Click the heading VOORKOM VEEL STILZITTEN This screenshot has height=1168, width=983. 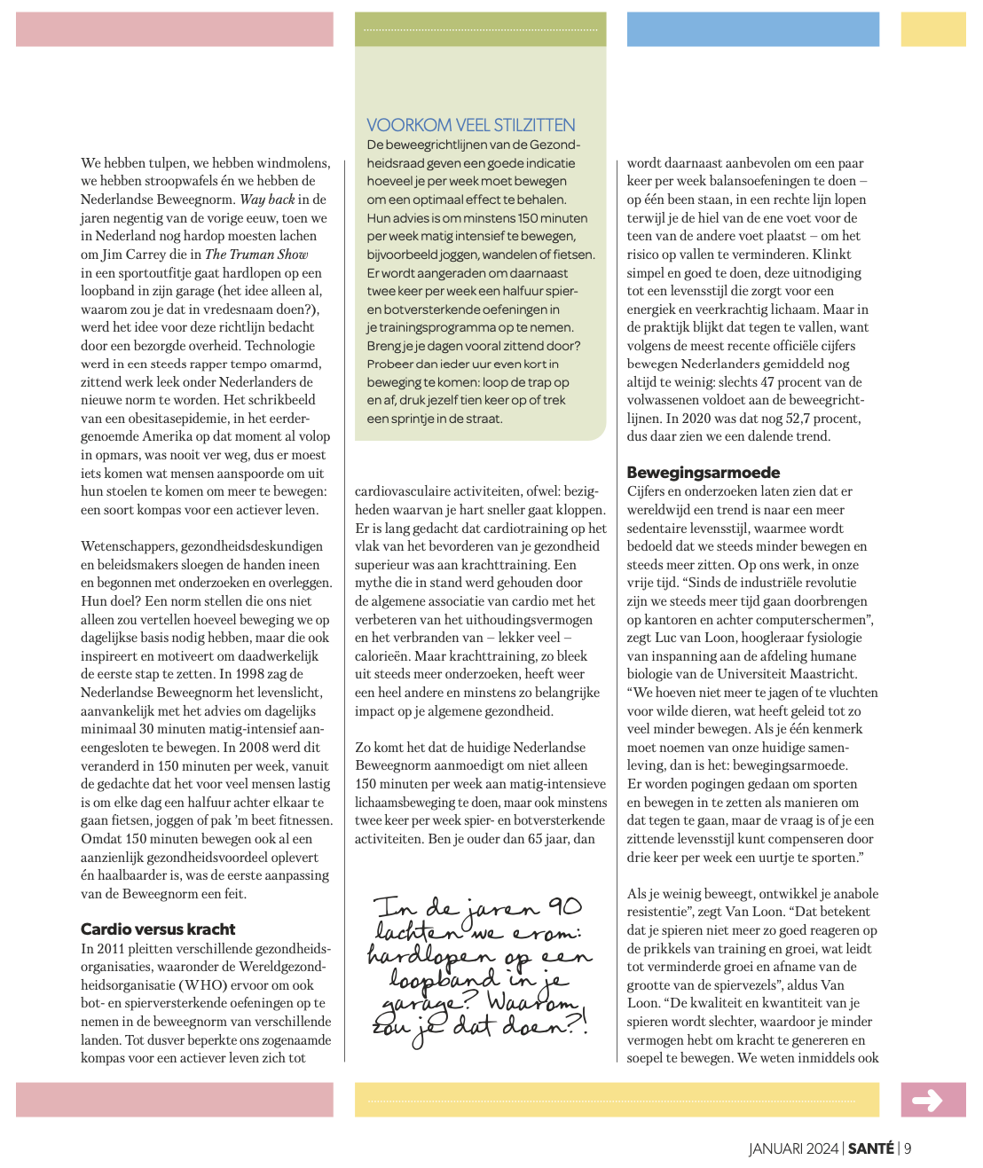[471, 125]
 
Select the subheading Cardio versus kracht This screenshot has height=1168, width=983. [158, 929]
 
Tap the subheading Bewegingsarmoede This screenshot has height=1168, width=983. [704, 472]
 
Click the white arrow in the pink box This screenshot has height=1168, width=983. [928, 1101]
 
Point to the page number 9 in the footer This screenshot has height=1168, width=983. [908, 1148]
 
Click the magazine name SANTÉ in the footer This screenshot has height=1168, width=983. [870, 1148]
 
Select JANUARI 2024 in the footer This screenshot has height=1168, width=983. [793, 1148]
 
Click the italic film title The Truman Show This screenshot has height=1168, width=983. [256, 255]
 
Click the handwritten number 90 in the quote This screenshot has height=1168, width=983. [564, 906]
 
